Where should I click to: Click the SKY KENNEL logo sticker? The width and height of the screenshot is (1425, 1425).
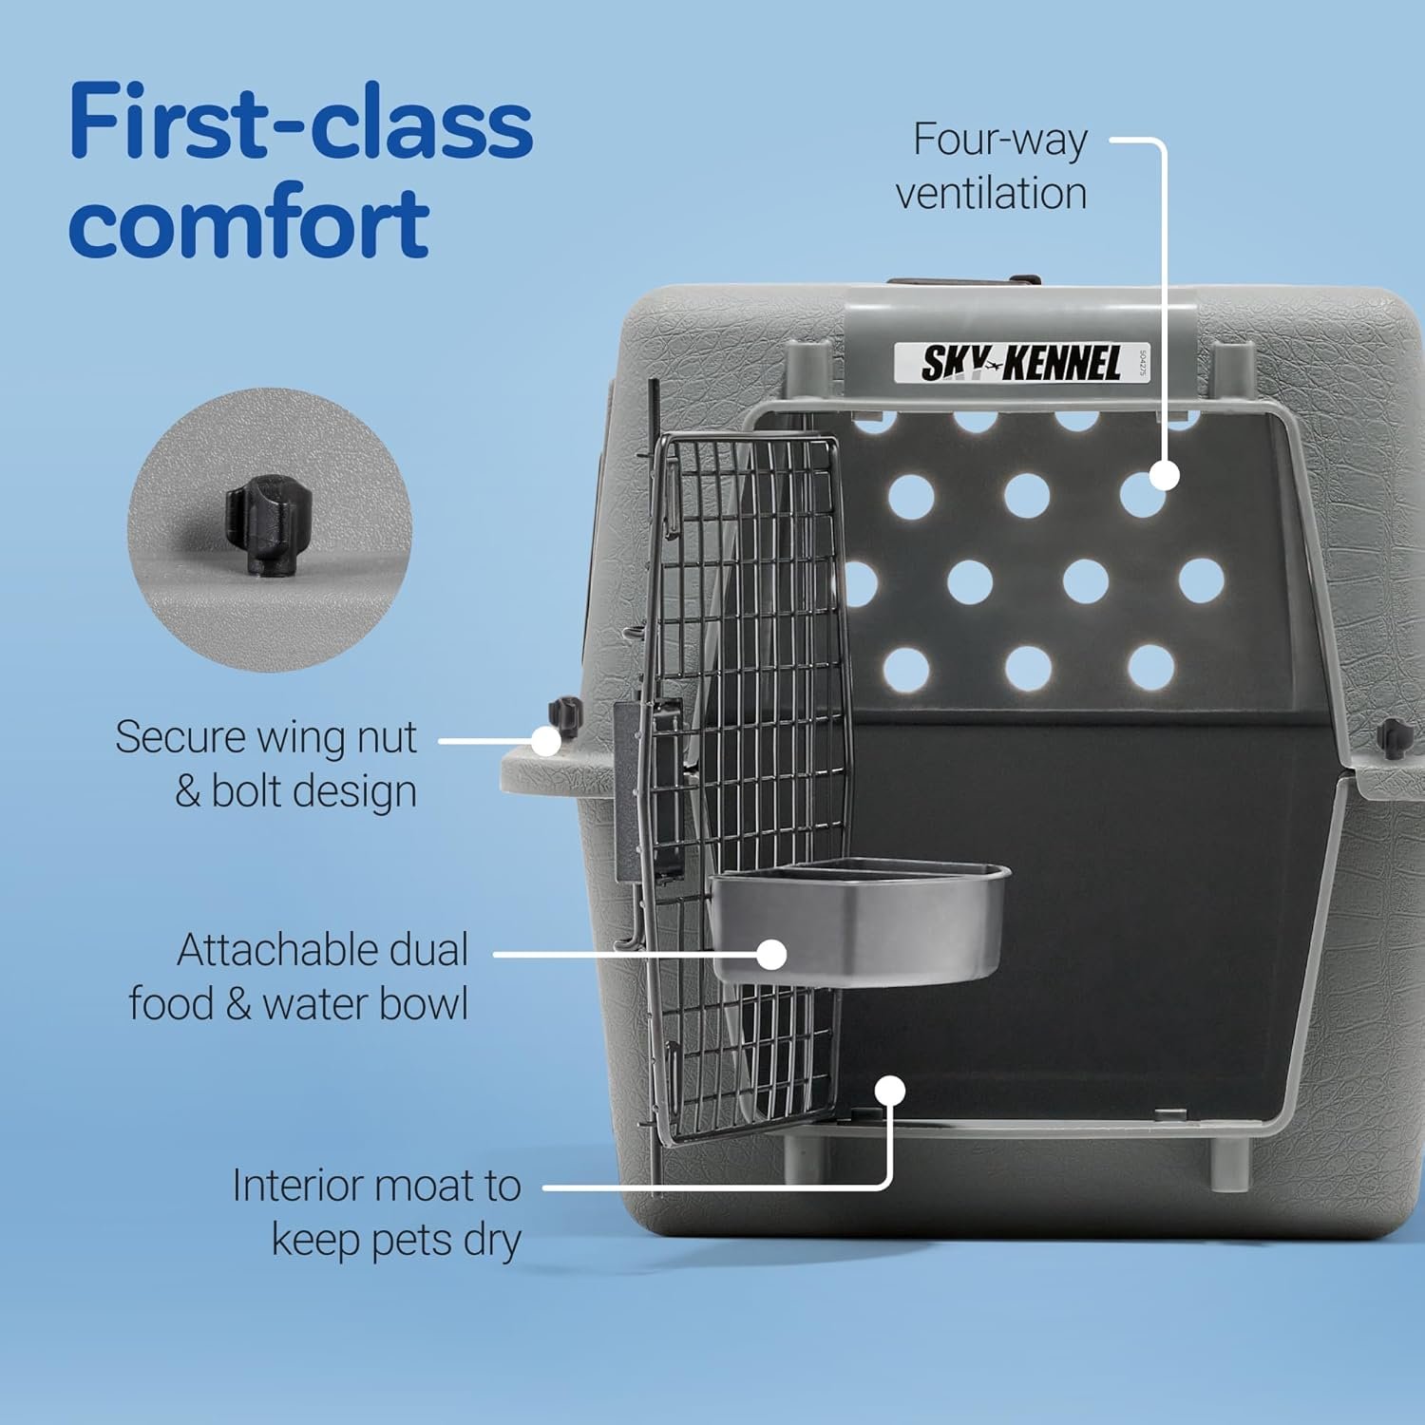[x=1021, y=363]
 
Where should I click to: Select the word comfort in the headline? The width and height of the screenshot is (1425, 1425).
[x=249, y=222]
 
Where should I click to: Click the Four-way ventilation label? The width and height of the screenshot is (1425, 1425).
[x=992, y=166]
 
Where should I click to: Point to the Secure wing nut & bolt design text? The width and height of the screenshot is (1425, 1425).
[x=266, y=764]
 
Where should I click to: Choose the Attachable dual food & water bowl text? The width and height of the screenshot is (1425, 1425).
[x=299, y=977]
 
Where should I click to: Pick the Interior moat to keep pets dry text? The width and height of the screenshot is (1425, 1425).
[x=377, y=1212]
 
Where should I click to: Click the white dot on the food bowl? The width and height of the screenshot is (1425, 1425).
[x=772, y=955]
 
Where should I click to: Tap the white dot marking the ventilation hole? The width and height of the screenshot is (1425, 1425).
[x=1165, y=475]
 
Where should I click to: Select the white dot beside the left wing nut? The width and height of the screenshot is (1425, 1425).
[x=545, y=741]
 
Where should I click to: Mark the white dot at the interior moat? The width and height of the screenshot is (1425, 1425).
[x=890, y=1090]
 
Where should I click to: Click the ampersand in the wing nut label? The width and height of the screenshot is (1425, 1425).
[x=187, y=791]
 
